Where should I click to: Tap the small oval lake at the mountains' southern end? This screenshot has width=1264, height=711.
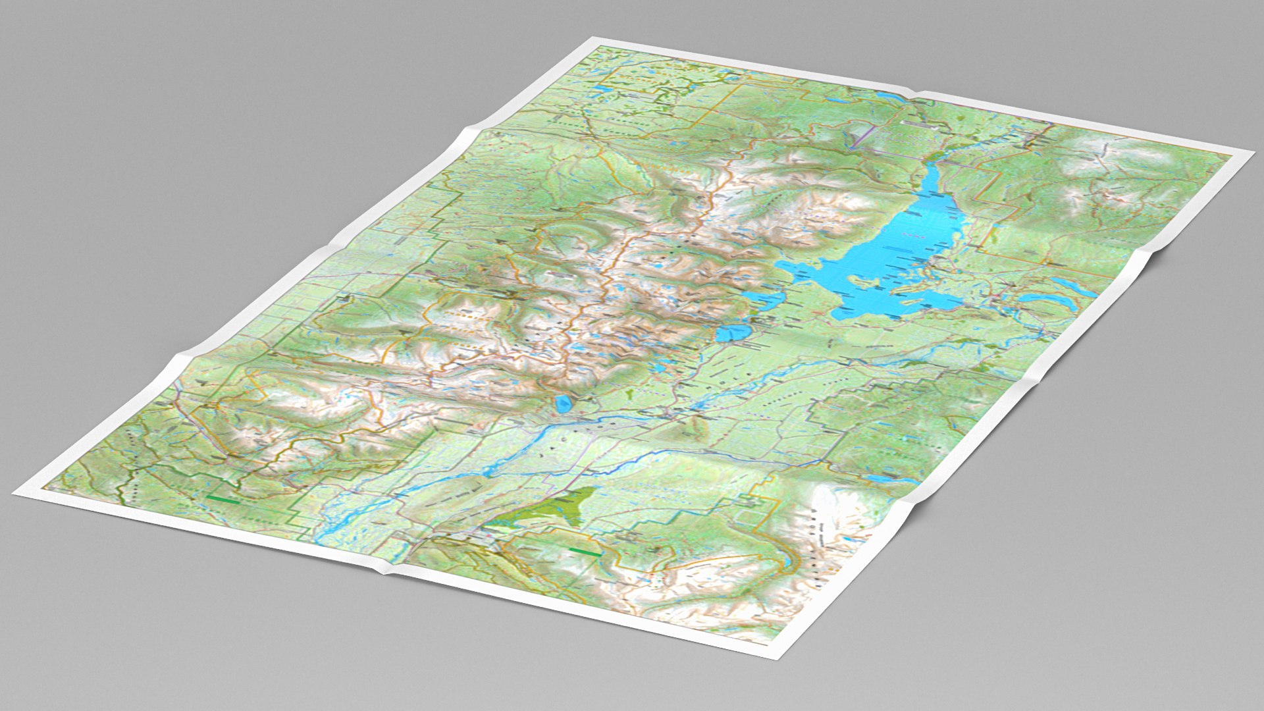pos(563,404)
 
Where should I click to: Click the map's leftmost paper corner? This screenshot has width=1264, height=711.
pos(14,492)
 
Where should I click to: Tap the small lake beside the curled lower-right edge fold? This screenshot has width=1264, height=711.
pos(882,479)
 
